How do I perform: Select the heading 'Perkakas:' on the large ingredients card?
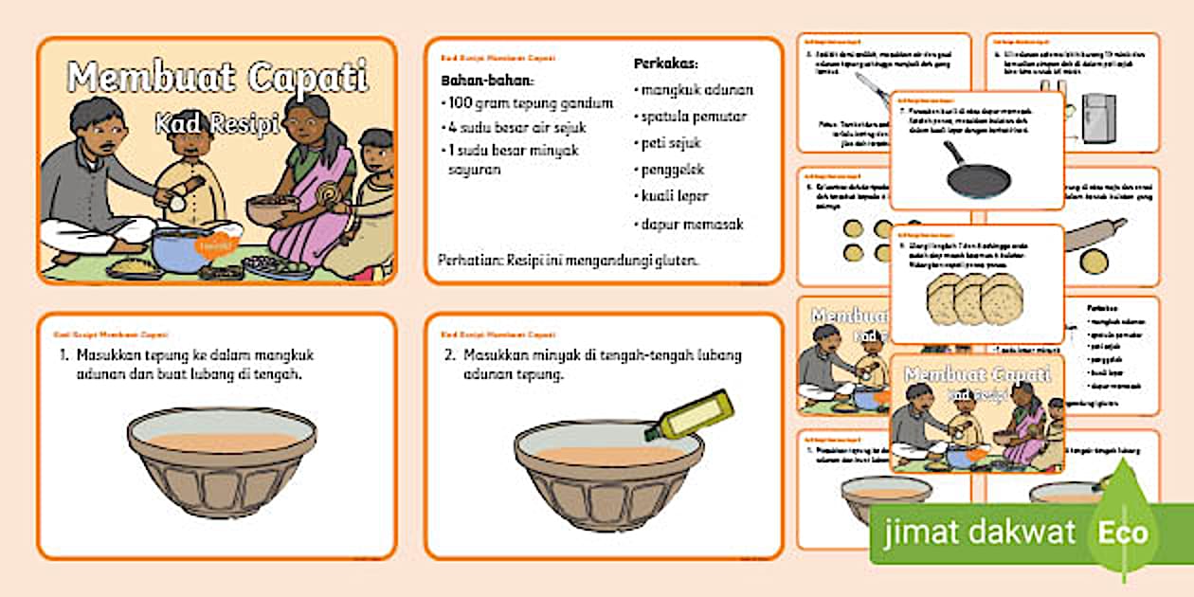(665, 64)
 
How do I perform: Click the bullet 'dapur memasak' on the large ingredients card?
(691, 225)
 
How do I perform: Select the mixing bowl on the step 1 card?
(222, 461)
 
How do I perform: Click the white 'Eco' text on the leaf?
(1123, 533)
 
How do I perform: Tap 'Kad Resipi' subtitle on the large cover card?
(218, 121)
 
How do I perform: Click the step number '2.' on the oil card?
(450, 354)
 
